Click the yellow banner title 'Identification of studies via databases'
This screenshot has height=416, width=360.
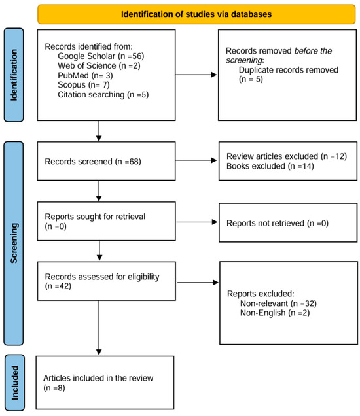pyautogui.click(x=196, y=14)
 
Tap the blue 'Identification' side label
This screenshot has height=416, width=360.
pyautogui.click(x=14, y=75)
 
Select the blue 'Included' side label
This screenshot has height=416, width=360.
pyautogui.click(x=15, y=383)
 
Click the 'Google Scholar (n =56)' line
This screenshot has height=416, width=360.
pyautogui.click(x=101, y=56)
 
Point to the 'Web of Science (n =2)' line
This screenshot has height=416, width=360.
pyautogui.click(x=99, y=65)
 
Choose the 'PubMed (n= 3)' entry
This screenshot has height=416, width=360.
pyautogui.click(x=85, y=75)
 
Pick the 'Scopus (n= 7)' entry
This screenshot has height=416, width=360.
pyautogui.click(x=84, y=85)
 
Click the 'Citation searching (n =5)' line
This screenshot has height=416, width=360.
pyautogui.click(x=103, y=95)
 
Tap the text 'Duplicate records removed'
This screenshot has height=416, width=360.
pyautogui.click(x=289, y=70)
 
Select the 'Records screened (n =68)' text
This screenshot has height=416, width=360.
pyautogui.click(x=93, y=162)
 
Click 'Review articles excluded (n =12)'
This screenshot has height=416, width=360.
pyautogui.click(x=287, y=156)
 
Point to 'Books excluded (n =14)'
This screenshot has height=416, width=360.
pyautogui.click(x=270, y=166)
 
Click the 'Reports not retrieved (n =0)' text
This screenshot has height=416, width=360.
pyautogui.click(x=278, y=223)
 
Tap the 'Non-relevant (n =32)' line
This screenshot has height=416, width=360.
pyautogui.click(x=278, y=303)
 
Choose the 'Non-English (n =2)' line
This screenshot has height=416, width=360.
pyautogui.click(x=275, y=313)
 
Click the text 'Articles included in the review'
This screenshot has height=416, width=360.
pyautogui.click(x=98, y=378)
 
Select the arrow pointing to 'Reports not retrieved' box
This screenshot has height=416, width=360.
pyautogui.click(x=197, y=222)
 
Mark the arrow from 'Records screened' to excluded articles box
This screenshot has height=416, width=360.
pyautogui.click(x=196, y=160)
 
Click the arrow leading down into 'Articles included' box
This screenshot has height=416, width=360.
pyautogui.click(x=99, y=328)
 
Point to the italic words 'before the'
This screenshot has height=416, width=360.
pyautogui.click(x=314, y=50)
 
